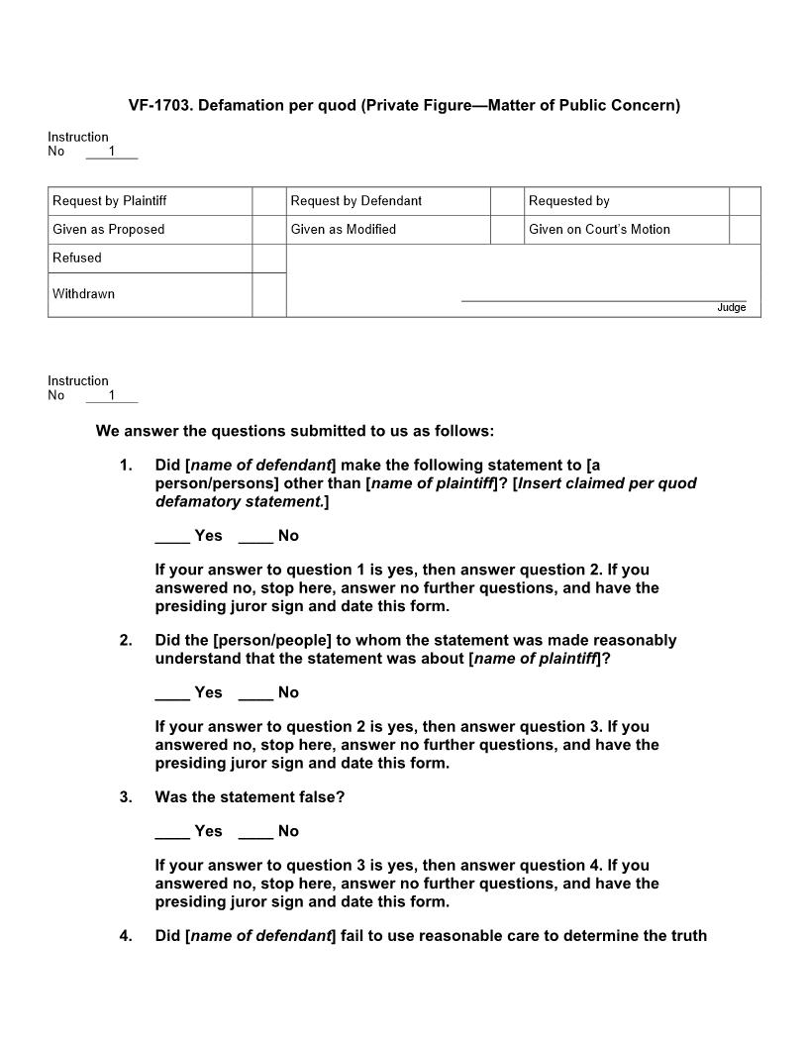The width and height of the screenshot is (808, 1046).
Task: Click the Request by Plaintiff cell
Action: (x=110, y=201)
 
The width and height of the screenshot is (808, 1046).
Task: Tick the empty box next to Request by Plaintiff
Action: (x=268, y=201)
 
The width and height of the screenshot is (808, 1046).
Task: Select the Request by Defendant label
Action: (x=355, y=201)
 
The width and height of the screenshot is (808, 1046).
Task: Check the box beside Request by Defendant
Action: (x=506, y=201)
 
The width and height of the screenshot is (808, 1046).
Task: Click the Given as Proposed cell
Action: (x=109, y=230)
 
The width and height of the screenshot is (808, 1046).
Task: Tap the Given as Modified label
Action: (x=343, y=230)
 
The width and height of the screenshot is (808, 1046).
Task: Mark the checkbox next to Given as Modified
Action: (x=506, y=230)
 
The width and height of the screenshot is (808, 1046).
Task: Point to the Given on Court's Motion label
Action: (x=599, y=230)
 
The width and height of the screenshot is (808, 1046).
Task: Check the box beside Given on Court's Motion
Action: (x=745, y=230)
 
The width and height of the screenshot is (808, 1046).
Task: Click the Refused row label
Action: (x=77, y=259)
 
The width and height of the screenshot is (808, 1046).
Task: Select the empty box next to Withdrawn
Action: (x=268, y=295)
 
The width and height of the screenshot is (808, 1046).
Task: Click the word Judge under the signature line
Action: (x=731, y=308)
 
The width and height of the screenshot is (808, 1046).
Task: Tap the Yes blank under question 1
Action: (x=172, y=536)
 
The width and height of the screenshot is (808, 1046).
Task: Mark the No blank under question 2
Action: (x=255, y=692)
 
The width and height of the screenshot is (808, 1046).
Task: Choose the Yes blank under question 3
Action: (x=172, y=831)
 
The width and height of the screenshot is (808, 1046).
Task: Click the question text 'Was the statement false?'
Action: (x=250, y=797)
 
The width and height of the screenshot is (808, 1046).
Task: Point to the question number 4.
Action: (x=126, y=935)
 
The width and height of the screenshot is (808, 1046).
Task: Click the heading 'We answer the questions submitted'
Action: (x=294, y=431)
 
